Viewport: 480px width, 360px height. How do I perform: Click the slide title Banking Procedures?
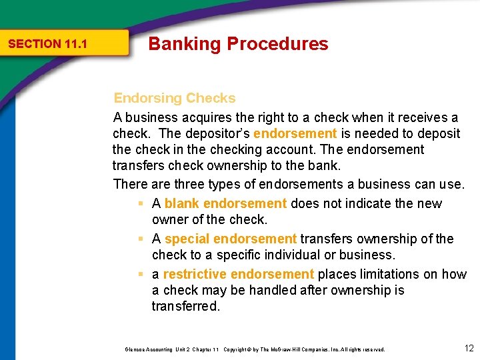[x=238, y=44]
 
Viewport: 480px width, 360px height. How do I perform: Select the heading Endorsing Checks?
[x=175, y=98]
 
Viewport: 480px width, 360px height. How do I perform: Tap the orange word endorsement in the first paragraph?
[x=295, y=133]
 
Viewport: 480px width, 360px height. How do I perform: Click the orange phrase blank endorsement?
[x=225, y=203]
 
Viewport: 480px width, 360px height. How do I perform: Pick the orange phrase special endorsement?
[x=230, y=239]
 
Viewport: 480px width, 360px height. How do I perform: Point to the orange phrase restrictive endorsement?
[x=238, y=274]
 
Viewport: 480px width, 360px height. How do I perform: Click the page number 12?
[x=468, y=348]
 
